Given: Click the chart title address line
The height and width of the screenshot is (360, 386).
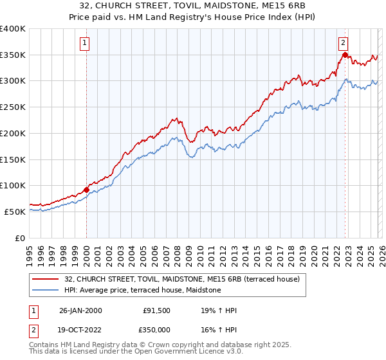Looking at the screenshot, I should click(x=192, y=6).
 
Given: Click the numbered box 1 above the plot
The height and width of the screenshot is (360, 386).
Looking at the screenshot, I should click(x=86, y=44).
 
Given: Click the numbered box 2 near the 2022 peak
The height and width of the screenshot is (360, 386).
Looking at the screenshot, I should click(x=344, y=43).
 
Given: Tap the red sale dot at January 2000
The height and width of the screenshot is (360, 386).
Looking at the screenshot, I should click(x=87, y=190).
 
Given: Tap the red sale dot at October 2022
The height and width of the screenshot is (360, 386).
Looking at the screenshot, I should click(x=345, y=55).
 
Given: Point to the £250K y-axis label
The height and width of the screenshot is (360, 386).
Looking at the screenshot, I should click(x=13, y=107).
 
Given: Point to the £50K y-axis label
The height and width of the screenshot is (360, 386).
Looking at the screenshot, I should click(x=15, y=212).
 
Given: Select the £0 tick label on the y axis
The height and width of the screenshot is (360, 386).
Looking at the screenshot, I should click(x=20, y=238).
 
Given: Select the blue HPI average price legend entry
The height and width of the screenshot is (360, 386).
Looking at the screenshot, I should click(x=142, y=291).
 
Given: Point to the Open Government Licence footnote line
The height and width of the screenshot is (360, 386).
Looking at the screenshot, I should click(x=136, y=352).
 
